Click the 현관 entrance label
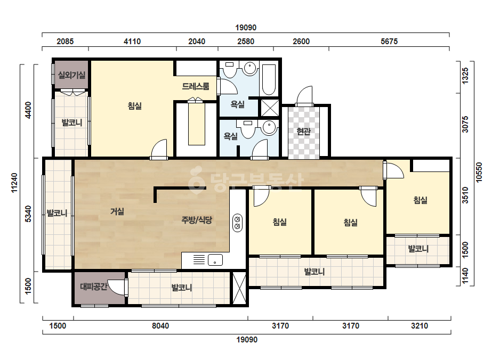303,131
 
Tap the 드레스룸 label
196,86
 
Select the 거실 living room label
117,211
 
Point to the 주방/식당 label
197,220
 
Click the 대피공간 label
93,287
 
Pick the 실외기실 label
71,75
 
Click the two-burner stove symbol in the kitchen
238,223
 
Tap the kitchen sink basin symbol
215,260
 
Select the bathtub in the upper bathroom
269,80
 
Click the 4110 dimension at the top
132,42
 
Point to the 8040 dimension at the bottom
160,326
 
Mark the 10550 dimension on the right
479,172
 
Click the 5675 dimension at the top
389,42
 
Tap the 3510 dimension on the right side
465,195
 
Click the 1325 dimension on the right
465,76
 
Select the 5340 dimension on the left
28,214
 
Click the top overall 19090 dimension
246,28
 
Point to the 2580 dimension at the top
246,42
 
